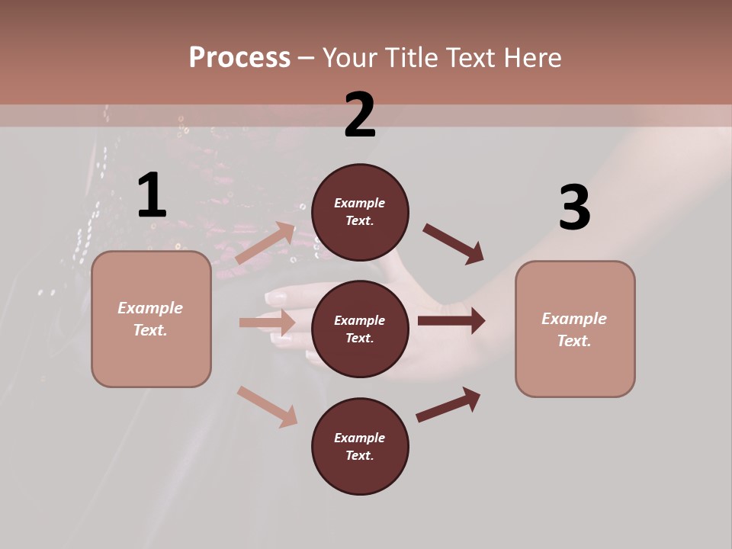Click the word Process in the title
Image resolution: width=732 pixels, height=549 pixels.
(239, 57)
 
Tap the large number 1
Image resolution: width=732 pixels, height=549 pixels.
(152, 195)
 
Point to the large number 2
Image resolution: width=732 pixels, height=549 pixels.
(360, 114)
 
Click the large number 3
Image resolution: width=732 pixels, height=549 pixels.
(575, 207)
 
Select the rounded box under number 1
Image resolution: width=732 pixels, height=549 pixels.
(151, 319)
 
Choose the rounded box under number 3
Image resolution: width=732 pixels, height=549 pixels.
(575, 329)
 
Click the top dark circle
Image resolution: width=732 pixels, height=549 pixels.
(360, 212)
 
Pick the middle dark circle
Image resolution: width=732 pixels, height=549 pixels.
(360, 329)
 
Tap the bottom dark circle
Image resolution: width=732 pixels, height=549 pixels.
(360, 446)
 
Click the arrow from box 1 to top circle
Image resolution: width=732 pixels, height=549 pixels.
(265, 244)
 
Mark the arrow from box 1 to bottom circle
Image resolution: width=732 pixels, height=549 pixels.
(267, 406)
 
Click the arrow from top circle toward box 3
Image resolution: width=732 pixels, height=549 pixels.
(454, 244)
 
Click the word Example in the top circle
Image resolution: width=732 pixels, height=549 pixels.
(360, 203)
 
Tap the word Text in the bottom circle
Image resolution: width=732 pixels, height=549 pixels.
(358, 455)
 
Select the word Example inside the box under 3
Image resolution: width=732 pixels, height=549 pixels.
(574, 319)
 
